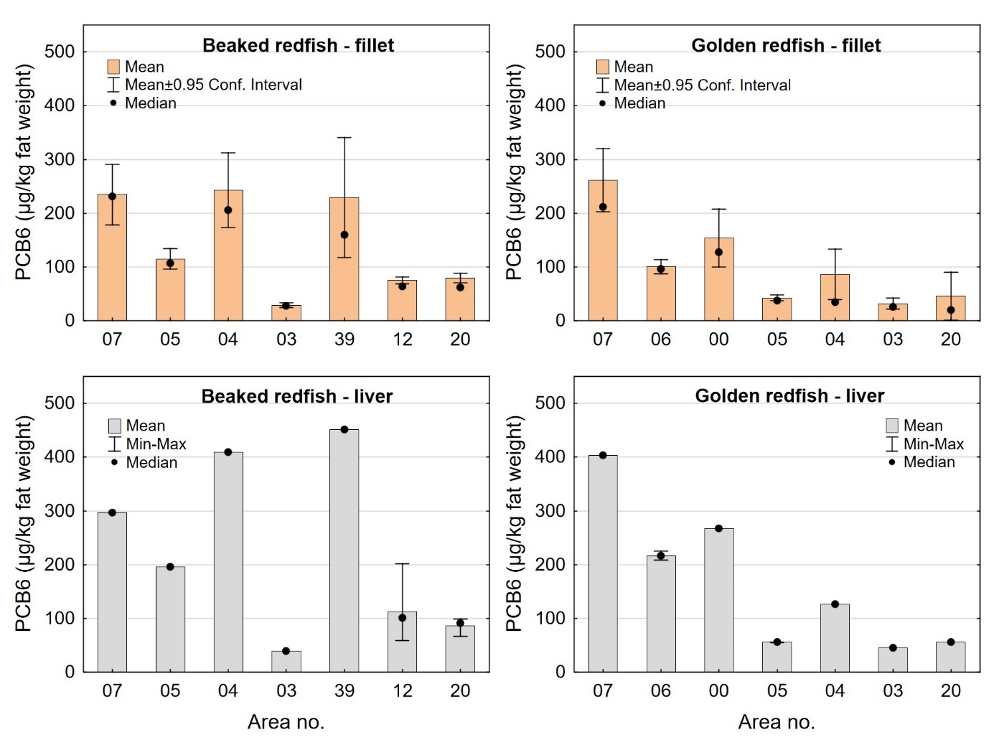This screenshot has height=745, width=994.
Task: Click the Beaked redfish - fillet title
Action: (x=298, y=45)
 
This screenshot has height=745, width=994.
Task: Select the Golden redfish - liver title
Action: (x=789, y=396)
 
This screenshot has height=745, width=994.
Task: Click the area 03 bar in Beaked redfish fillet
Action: (x=286, y=313)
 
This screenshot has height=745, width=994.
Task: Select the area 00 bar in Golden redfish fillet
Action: (x=718, y=280)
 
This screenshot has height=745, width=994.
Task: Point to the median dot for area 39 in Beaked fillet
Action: (x=344, y=235)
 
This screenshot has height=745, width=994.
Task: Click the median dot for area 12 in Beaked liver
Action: (x=402, y=618)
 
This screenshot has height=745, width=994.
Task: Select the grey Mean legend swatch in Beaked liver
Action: (x=115, y=426)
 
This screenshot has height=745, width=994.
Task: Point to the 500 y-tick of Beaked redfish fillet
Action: (x=60, y=52)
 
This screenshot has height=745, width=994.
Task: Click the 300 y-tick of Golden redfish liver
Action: (x=550, y=511)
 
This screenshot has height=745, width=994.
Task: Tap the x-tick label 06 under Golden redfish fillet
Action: (x=660, y=339)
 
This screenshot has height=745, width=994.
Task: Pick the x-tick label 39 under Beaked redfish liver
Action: (x=344, y=690)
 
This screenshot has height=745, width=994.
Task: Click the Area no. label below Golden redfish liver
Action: (x=777, y=722)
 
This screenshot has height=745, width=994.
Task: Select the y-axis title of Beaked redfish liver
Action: (x=24, y=524)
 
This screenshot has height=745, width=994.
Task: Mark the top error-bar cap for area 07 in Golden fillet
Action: (x=603, y=149)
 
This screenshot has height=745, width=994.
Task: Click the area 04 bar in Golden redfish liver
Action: (x=835, y=638)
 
